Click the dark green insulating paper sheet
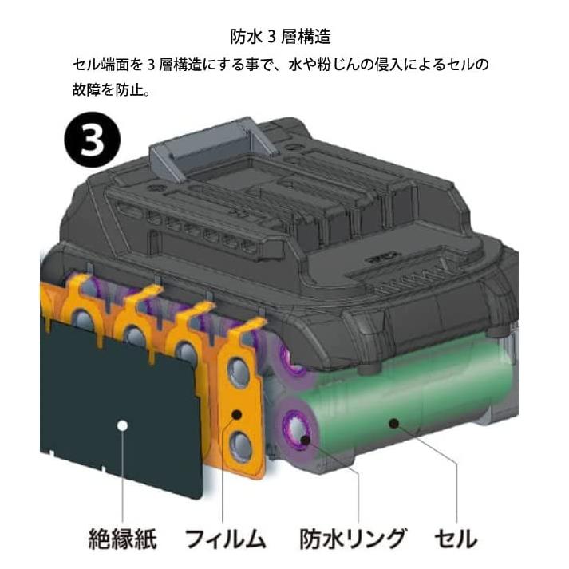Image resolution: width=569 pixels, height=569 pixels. pos(120,399)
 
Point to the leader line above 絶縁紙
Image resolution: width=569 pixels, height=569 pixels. pos(122,479)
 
